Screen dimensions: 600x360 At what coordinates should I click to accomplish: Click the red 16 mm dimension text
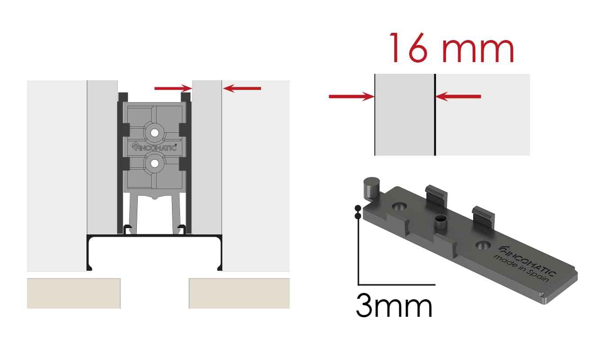(451, 48)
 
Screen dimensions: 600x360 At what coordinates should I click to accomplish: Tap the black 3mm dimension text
(394, 306)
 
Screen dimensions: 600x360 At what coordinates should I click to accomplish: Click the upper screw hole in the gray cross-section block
(154, 133)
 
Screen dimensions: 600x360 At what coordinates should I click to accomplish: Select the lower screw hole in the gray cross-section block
(154, 164)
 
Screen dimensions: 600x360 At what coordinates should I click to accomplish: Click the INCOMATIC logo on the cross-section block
(154, 147)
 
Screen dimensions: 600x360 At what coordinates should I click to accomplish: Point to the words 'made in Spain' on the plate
(521, 269)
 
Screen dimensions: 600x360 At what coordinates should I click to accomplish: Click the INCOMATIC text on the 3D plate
(528, 261)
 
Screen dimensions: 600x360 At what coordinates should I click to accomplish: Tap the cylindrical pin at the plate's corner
(371, 188)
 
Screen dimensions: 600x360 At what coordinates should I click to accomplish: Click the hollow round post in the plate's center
(440, 222)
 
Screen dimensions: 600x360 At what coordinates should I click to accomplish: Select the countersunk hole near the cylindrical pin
(399, 207)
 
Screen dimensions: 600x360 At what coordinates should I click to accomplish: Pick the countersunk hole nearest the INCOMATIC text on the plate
(483, 245)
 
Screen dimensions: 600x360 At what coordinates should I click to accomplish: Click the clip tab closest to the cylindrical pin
(436, 195)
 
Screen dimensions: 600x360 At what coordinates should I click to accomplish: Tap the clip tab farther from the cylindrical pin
(483, 217)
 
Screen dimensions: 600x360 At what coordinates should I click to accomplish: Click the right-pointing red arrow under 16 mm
(352, 96)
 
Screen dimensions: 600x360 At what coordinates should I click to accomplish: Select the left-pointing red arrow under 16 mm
(458, 96)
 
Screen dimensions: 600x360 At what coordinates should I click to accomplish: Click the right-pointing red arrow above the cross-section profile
(173, 88)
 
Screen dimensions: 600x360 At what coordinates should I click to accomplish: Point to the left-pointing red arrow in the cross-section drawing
(242, 88)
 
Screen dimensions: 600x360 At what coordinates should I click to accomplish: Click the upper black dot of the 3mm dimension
(358, 208)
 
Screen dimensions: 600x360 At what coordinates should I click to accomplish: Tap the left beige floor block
(74, 293)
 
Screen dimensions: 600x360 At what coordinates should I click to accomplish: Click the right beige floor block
(239, 293)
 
